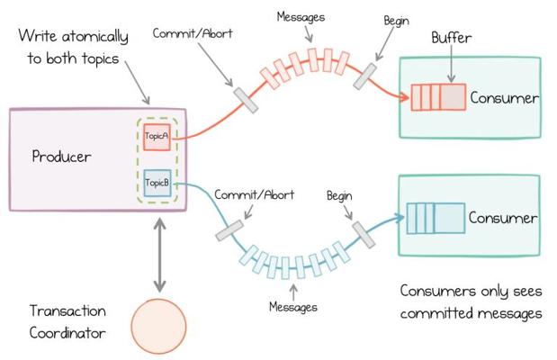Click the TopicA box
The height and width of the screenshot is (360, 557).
point(157,137)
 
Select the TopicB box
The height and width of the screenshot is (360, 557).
point(157,183)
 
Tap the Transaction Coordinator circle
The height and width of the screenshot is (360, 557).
point(158,326)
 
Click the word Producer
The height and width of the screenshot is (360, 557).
point(61,157)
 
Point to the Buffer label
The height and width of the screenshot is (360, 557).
point(452,38)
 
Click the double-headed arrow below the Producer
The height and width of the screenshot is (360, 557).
point(159,256)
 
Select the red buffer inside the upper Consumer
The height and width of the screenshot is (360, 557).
point(438,97)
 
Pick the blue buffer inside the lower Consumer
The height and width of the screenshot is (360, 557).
point(436,218)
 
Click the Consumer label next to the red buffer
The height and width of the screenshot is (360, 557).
point(504,98)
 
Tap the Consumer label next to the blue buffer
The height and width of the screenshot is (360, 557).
point(503,218)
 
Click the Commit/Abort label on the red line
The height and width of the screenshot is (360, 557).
point(193,33)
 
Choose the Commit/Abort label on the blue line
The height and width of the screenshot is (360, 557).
point(255,194)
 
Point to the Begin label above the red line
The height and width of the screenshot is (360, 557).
point(397,21)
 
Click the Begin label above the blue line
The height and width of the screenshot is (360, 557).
point(339,196)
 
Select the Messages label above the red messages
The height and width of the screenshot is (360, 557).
point(301,17)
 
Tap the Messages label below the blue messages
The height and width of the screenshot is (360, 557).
point(293,307)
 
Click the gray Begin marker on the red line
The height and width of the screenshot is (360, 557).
point(364,76)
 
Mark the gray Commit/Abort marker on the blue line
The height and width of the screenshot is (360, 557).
point(229,230)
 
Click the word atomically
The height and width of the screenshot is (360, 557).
point(94,36)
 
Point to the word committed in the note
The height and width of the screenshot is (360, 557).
point(437,313)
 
